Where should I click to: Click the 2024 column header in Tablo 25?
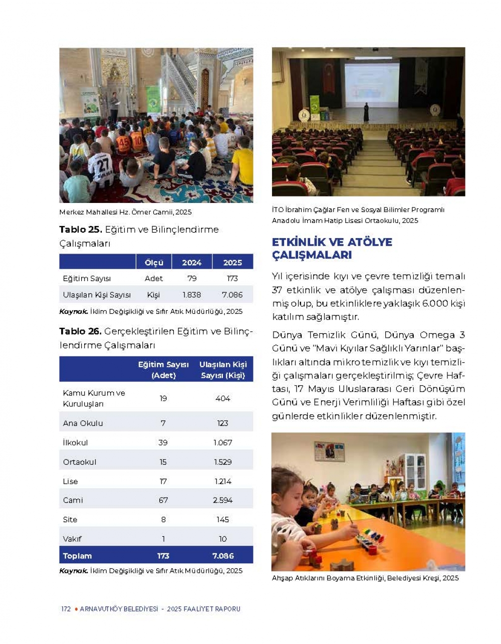[191, 262]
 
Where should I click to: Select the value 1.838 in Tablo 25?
[191, 295]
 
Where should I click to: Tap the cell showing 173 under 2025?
[232, 278]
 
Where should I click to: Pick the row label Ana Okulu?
[83, 423]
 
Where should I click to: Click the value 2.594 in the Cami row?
[222, 500]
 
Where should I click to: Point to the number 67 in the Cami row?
[163, 500]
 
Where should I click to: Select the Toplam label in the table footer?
[77, 556]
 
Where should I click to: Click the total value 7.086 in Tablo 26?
[222, 556]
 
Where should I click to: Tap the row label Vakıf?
[72, 539]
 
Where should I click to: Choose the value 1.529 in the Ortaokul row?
[222, 462]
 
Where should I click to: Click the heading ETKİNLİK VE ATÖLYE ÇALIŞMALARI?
[332, 249]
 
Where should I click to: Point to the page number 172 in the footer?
[66, 609]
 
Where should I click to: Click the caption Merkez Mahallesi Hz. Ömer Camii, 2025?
[125, 212]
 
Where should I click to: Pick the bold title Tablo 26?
[80, 331]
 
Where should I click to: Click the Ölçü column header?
[154, 262]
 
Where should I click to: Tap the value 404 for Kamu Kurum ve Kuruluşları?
[222, 398]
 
